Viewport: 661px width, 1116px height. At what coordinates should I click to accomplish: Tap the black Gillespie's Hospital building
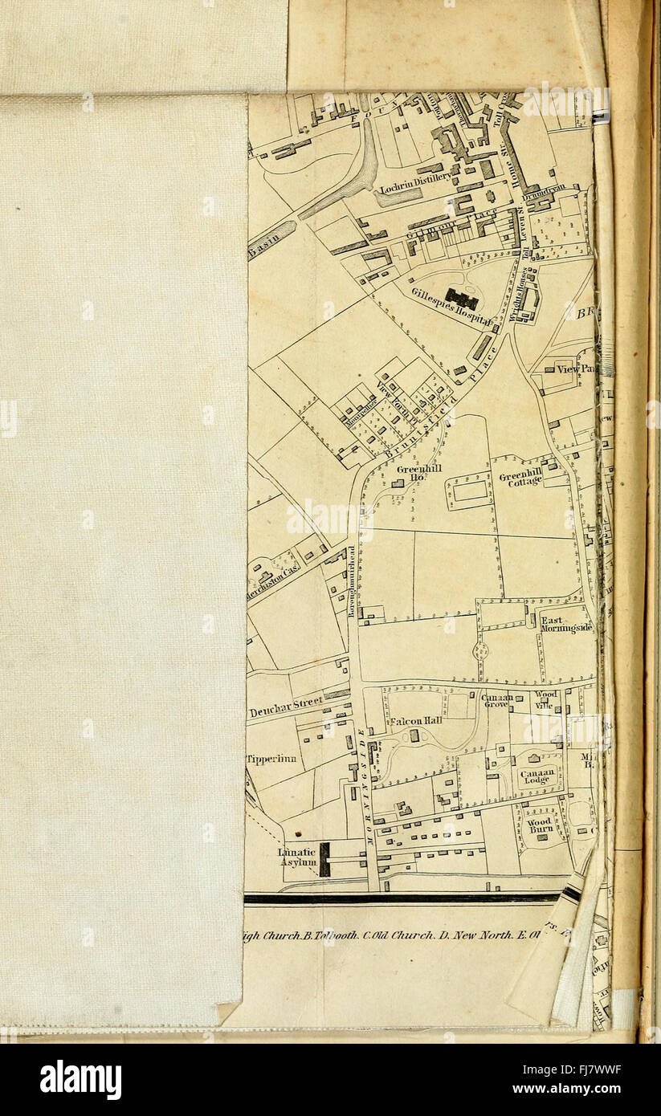(x=462, y=299)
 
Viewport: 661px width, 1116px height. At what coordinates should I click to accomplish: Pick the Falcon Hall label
(x=416, y=720)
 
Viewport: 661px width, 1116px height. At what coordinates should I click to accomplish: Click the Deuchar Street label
(x=285, y=707)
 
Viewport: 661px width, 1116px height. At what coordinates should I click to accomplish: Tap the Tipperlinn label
(x=271, y=759)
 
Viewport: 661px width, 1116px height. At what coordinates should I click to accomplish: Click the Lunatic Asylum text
(x=297, y=857)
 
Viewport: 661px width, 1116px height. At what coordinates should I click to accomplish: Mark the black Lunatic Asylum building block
(x=324, y=859)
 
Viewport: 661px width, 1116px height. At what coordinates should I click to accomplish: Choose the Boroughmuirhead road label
(x=351, y=580)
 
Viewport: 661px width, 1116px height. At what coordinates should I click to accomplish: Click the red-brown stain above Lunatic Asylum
(x=298, y=835)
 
